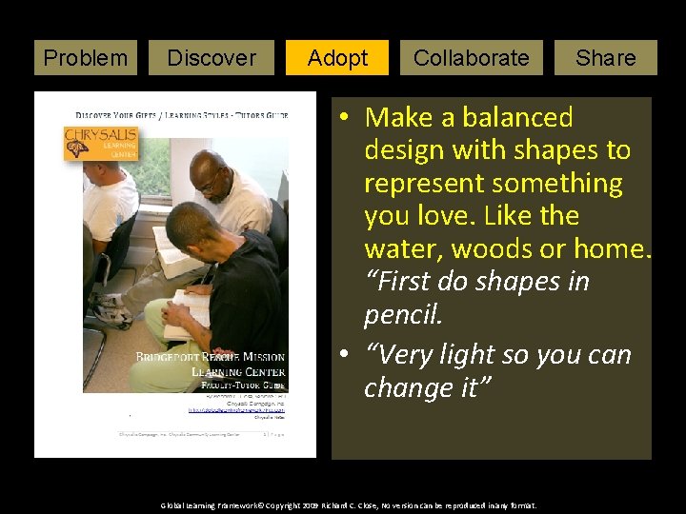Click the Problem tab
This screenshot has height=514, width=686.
tap(86, 58)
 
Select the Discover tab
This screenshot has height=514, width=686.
tap(212, 58)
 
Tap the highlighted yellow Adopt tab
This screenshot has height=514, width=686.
tap(337, 58)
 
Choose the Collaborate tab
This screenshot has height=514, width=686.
tap(471, 58)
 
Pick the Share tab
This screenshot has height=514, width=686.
tap(605, 58)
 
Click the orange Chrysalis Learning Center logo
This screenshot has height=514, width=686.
tap(101, 145)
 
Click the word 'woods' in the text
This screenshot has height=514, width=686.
tap(490, 248)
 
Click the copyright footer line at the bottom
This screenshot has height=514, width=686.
tap(349, 505)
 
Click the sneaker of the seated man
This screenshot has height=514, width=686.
tap(112, 310)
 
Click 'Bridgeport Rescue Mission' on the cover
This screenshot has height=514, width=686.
tap(210, 357)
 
